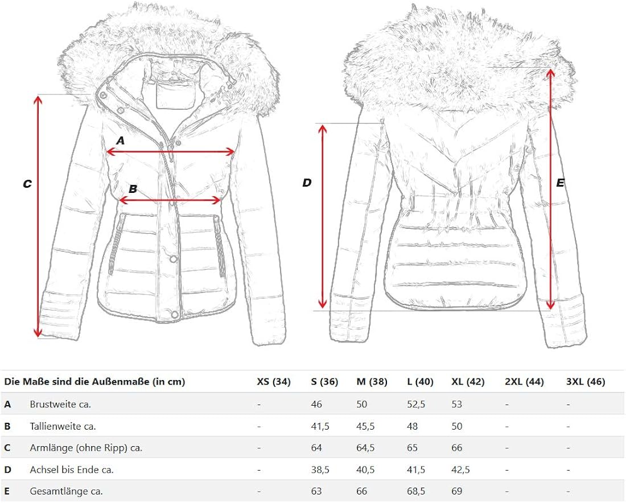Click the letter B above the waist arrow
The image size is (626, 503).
coord(133,189)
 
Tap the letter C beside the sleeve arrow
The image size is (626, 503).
coord(27,184)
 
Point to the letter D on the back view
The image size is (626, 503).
coord(307,183)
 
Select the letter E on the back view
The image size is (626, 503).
coord(560,183)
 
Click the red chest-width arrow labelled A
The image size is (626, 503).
coord(171,152)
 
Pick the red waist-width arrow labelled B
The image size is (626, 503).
coord(170,200)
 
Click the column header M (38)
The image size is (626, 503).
coord(372,382)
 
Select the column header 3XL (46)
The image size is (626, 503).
coord(586,382)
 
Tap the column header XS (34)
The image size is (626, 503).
coord(274,382)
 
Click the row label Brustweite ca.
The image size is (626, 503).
coord(60,404)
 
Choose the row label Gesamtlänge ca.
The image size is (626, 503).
coord(66,491)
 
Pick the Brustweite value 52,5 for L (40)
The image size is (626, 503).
coord(415,404)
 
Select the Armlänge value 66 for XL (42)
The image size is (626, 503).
coord(457,448)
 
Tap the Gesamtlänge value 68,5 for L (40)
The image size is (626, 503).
coord(415,491)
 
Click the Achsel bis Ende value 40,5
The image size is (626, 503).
coord(366,469)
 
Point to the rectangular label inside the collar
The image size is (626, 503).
coord(173,94)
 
